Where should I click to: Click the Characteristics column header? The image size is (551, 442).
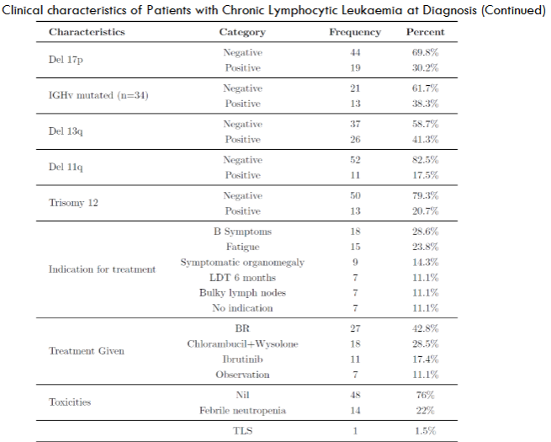tap(87, 32)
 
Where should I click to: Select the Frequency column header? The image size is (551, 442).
tap(354, 32)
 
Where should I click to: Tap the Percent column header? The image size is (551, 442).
tap(426, 32)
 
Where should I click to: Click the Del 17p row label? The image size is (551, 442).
tap(66, 60)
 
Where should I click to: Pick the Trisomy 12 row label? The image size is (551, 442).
tap(75, 202)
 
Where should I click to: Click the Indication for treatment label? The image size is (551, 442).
tap(102, 269)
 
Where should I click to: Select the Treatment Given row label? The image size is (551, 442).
tap(87, 350)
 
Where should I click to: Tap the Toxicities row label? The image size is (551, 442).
tap(71, 402)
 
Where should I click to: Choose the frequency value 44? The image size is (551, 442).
tap(354, 51)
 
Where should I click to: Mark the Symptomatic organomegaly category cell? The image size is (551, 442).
tap(242, 262)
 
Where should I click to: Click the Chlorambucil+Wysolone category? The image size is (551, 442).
tap(242, 343)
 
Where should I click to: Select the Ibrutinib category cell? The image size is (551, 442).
tap(242, 359)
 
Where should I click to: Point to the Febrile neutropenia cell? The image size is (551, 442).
tap(242, 410)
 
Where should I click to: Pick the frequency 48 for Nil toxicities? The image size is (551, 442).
tap(354, 394)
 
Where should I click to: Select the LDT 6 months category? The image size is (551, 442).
tap(242, 277)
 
